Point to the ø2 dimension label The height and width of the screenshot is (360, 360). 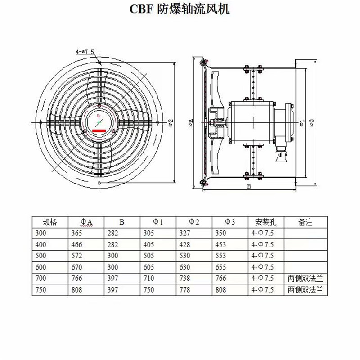(171, 122)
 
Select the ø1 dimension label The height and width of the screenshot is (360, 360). (302, 122)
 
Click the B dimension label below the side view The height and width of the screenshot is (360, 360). (248, 186)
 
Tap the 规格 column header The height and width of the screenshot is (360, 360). (50, 222)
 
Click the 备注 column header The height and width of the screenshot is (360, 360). (306, 222)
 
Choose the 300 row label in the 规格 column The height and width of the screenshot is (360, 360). (40, 234)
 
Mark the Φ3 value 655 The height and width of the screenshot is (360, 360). (221, 267)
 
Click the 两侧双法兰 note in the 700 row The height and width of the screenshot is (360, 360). (306, 279)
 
